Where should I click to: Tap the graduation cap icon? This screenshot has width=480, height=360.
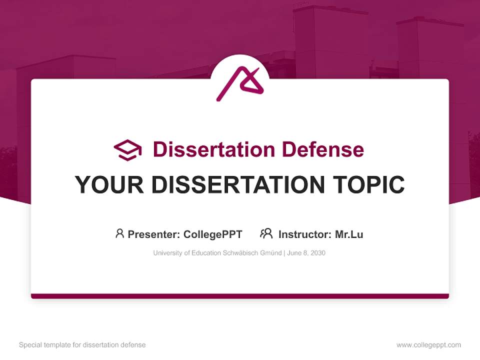click(x=127, y=149)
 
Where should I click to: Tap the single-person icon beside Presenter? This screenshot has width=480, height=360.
click(x=119, y=233)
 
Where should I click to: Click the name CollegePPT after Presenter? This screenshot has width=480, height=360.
click(x=213, y=234)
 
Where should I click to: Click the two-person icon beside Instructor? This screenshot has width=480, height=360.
click(x=266, y=233)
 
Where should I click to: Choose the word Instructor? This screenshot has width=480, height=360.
click(x=304, y=234)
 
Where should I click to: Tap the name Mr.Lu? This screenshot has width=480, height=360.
click(x=349, y=234)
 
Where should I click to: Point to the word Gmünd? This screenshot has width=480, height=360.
click(x=270, y=253)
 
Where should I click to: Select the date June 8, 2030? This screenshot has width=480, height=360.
click(x=306, y=253)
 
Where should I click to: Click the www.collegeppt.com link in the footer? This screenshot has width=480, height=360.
click(x=428, y=345)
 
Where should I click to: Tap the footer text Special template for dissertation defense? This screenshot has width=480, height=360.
click(x=82, y=345)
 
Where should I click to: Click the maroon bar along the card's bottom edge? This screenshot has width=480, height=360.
click(x=240, y=296)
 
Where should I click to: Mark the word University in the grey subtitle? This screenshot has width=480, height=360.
click(x=167, y=253)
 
